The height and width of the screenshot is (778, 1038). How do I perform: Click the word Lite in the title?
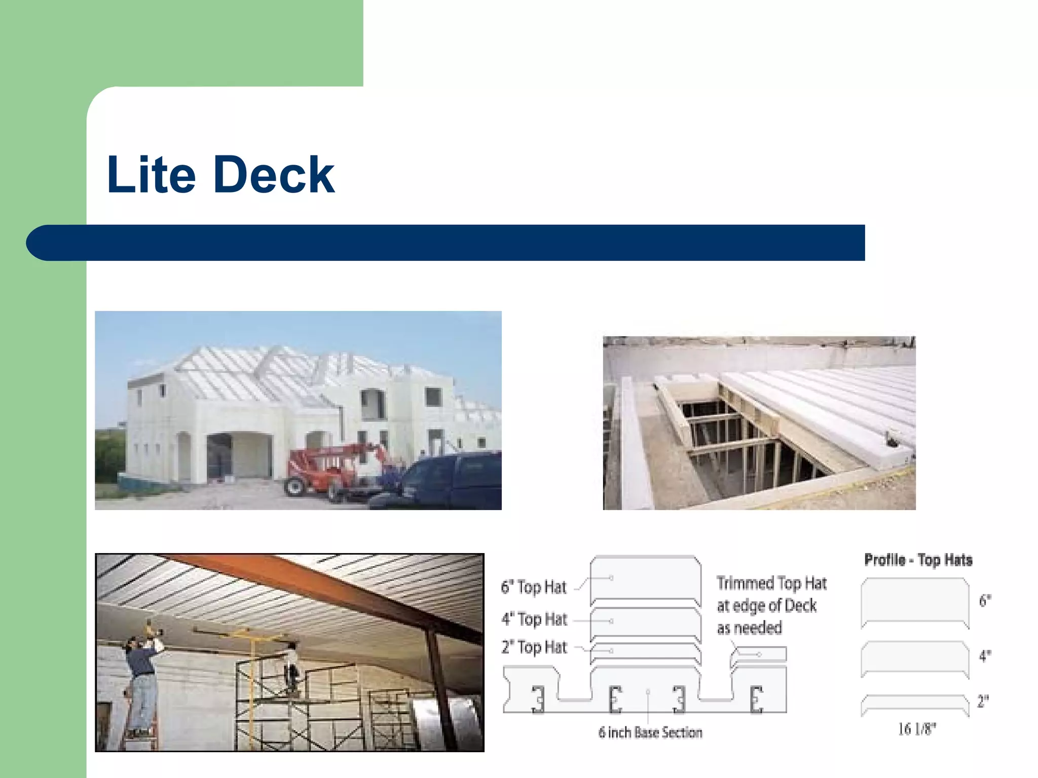[151, 175]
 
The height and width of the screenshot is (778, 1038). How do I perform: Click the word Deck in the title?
[274, 175]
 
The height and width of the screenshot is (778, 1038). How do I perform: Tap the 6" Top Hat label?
[533, 587]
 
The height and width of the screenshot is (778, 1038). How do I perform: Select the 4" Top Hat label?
[534, 619]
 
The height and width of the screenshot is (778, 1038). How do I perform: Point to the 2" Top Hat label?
[534, 647]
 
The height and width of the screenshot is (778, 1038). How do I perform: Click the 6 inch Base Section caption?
[650, 732]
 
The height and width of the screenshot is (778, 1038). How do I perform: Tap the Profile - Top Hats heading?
[918, 560]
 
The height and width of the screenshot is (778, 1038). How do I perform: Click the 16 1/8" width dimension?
[917, 729]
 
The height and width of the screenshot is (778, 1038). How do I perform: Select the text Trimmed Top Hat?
[771, 583]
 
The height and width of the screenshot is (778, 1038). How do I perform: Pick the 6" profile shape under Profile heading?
[915, 603]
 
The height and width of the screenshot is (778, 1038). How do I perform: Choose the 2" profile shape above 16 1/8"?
[915, 704]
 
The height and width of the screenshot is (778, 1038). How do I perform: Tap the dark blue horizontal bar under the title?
[446, 243]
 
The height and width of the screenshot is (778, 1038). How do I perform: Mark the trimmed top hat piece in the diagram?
[759, 654]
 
